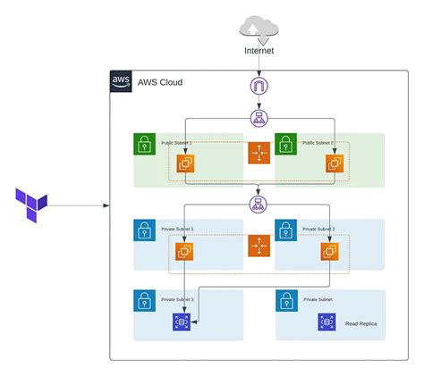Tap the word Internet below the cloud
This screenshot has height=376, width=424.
pos(259,50)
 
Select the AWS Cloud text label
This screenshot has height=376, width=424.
pos(161,81)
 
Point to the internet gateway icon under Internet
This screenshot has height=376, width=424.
pos(259,87)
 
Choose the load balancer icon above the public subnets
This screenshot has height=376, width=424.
pos(259,118)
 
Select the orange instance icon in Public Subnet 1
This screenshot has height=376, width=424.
pos(186,163)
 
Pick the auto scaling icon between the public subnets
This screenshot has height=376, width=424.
pos(259,154)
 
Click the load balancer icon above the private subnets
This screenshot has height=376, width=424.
pos(259,205)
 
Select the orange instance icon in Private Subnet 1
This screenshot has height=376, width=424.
pos(185,252)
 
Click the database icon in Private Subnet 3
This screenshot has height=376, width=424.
pos(182,322)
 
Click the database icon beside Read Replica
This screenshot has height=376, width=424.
pos(327,322)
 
